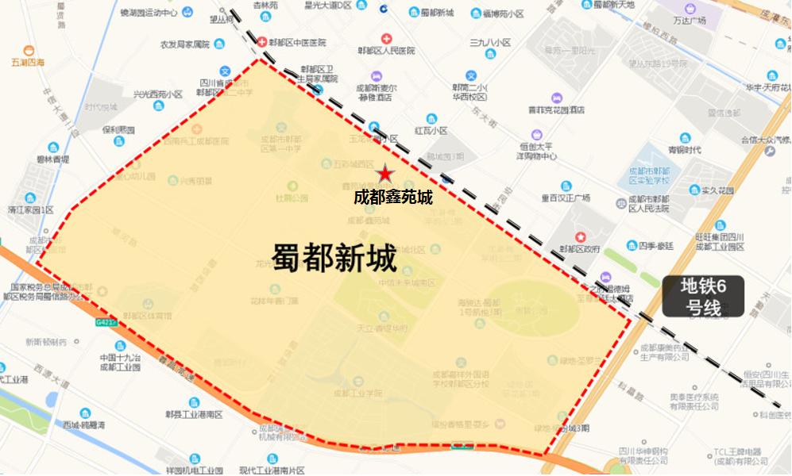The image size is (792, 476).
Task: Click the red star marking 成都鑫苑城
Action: point(385,172)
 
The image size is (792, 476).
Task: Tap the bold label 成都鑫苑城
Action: point(393,197)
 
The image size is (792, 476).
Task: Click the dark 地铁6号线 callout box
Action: point(703,297)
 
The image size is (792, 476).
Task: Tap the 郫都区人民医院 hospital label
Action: point(386,51)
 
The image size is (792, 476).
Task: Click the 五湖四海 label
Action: point(28,62)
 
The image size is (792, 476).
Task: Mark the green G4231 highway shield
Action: point(106,323)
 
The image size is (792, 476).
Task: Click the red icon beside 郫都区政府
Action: point(581,236)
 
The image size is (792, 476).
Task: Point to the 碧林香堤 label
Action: point(52,159)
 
